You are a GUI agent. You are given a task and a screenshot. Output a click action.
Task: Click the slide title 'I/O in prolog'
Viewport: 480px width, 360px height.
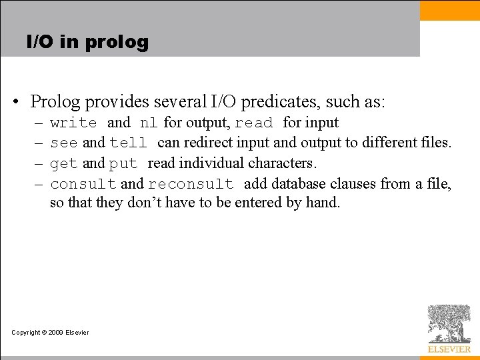coord(87,42)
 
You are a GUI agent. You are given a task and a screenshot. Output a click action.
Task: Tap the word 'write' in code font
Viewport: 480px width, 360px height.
coord(73,123)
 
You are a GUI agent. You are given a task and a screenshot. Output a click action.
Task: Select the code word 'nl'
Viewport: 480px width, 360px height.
coord(148,123)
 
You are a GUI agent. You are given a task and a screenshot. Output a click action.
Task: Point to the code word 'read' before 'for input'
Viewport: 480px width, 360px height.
coord(254,123)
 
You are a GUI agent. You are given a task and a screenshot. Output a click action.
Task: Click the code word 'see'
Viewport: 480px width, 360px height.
coord(64,143)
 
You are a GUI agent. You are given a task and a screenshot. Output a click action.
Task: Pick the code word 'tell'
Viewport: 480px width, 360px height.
coord(128,143)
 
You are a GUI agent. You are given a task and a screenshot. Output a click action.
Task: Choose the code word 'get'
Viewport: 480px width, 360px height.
coord(64,163)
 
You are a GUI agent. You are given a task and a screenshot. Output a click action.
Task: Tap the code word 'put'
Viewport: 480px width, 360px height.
coord(123,163)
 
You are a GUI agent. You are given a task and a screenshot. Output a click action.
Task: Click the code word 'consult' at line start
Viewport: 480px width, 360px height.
coord(83,184)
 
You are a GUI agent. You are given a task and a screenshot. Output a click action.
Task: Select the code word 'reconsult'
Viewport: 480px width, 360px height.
coord(191,184)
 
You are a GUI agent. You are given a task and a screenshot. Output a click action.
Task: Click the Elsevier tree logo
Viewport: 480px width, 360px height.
coord(449,324)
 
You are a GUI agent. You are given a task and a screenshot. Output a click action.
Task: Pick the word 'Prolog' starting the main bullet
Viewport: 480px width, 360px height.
coord(55,102)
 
